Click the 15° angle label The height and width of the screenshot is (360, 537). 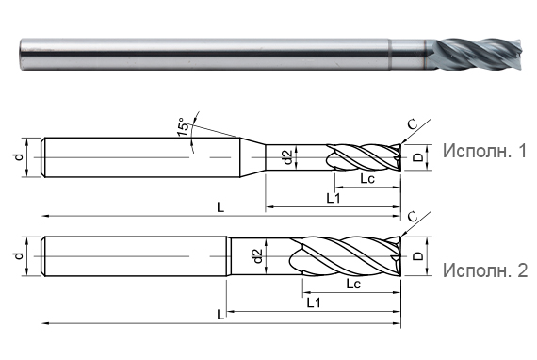(x=185, y=127)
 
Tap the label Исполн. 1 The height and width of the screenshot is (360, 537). (x=482, y=151)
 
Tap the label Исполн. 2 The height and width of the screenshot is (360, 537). (x=482, y=270)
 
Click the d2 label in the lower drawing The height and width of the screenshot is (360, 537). (x=257, y=255)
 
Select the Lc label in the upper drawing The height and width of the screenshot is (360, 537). (x=367, y=178)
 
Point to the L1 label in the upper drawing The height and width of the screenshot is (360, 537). (x=334, y=197)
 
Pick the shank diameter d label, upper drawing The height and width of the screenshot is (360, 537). (x=18, y=155)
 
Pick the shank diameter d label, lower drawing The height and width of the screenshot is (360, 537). (x=18, y=255)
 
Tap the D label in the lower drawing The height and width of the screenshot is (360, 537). (x=417, y=256)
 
